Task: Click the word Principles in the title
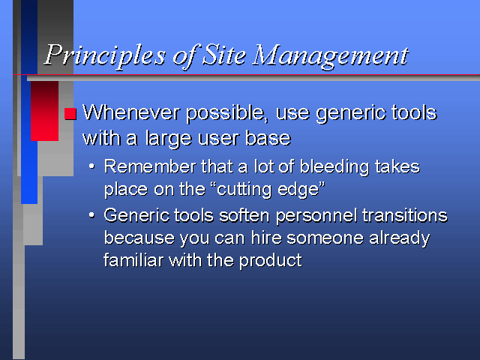[x=105, y=55]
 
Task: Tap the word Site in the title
[x=224, y=55]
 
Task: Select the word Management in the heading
[x=331, y=56]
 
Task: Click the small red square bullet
[x=70, y=113]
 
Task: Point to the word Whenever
[x=131, y=112]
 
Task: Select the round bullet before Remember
[x=91, y=166]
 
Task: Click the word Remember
[x=150, y=166]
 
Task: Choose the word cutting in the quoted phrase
[x=243, y=190]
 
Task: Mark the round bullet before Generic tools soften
[x=91, y=215]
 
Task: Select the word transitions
[x=405, y=215]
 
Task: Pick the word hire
[x=266, y=238]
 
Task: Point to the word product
[x=270, y=261]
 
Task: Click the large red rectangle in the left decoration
[x=45, y=111]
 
